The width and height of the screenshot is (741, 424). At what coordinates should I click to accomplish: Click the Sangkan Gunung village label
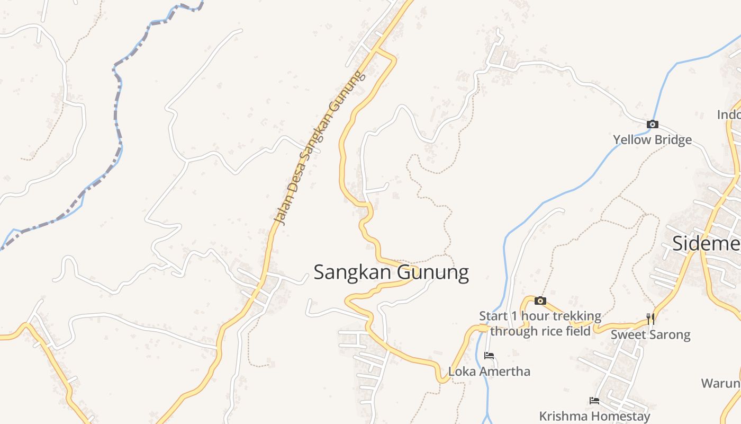tap(391, 272)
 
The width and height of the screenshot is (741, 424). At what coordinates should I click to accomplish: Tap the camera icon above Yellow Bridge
tap(653, 125)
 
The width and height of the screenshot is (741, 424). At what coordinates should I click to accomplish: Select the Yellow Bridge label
tap(652, 140)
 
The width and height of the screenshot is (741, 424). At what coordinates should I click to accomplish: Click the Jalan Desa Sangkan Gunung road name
tap(320, 148)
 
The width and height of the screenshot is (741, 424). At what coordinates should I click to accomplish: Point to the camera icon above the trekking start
tap(540, 301)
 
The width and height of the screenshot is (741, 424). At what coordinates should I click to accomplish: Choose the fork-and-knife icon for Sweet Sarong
tap(650, 319)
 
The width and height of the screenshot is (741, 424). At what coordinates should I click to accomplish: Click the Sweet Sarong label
tap(650, 334)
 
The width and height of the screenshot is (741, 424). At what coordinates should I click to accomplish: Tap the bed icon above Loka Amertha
tap(489, 356)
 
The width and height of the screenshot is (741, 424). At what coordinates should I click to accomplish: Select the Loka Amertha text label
tap(489, 371)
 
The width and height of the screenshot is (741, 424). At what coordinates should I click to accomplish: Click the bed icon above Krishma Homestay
tap(594, 401)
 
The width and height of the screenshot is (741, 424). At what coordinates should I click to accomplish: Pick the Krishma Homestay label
tap(594, 416)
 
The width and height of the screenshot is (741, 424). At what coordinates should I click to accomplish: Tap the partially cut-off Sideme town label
tap(706, 243)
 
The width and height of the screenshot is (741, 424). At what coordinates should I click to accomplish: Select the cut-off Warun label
tap(720, 383)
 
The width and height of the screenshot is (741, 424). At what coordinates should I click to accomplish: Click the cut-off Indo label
tap(728, 114)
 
